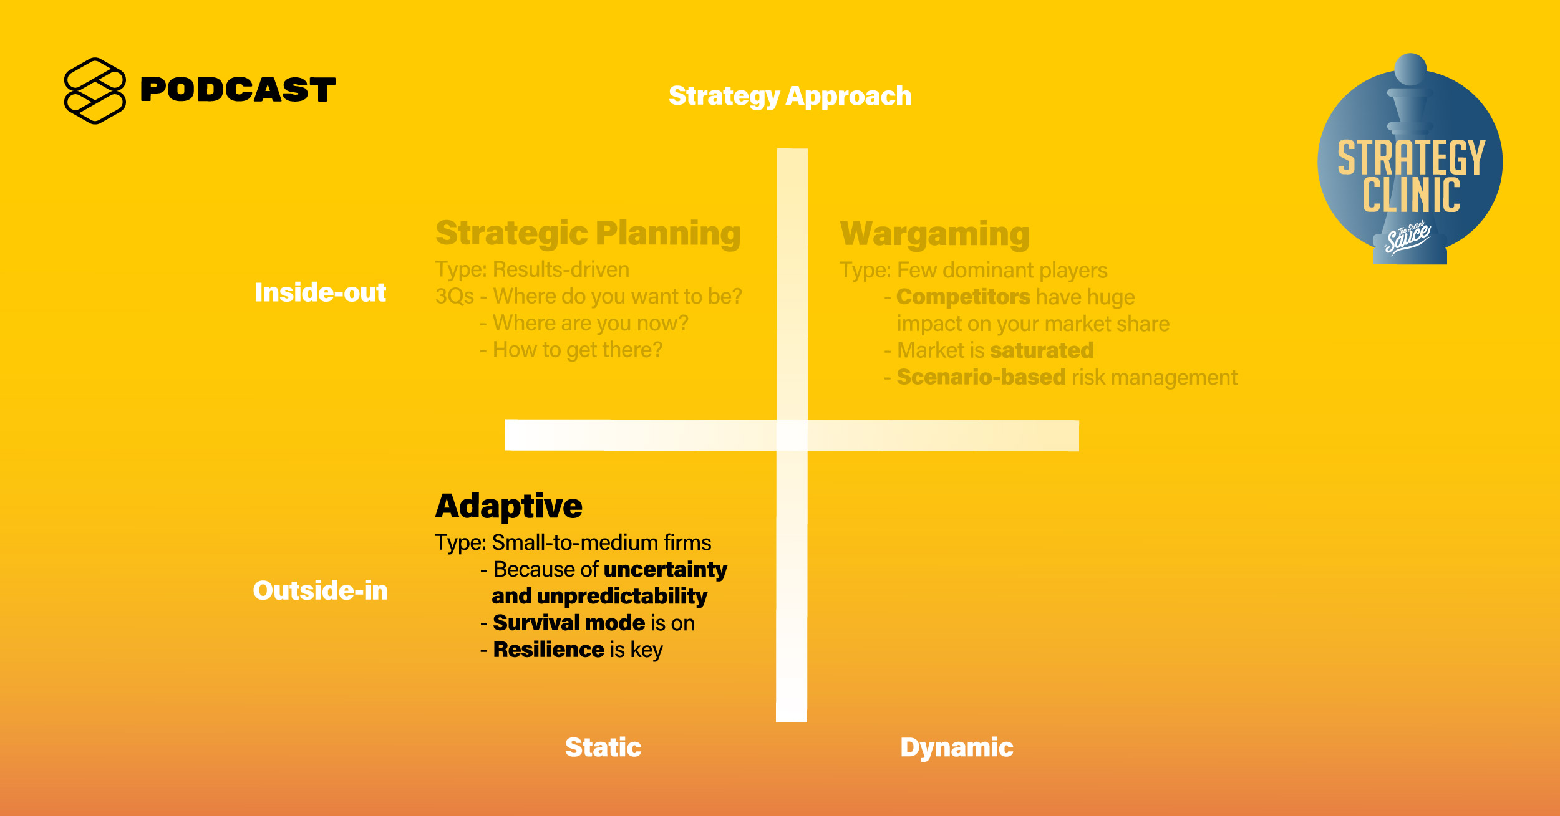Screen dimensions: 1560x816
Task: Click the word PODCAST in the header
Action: click(238, 90)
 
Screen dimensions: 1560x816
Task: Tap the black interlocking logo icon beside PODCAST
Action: click(95, 91)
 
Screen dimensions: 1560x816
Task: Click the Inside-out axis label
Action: click(320, 292)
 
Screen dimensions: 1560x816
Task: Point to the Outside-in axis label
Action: click(320, 590)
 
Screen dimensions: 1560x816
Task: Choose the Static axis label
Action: click(603, 747)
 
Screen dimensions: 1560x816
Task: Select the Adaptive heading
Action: click(509, 506)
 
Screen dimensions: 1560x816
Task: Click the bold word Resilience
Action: click(549, 650)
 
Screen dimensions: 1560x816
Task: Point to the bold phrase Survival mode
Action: click(569, 623)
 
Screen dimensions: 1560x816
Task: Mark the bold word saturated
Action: click(1042, 350)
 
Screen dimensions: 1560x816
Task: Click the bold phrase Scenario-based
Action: click(981, 377)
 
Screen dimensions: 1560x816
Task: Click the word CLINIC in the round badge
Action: click(1411, 195)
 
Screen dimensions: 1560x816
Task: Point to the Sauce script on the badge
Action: click(1407, 238)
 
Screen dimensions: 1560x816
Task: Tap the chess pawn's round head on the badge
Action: click(1410, 69)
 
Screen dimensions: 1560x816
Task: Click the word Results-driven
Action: click(561, 269)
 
